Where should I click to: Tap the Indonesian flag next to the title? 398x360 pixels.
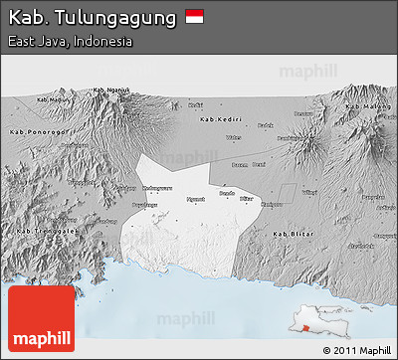tap(194, 17)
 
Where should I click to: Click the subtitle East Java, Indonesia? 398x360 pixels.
tap(70, 42)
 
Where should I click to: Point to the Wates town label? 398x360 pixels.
tap(234, 137)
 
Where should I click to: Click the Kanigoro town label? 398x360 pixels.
tap(271, 205)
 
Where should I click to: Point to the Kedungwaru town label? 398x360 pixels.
tap(131, 188)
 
